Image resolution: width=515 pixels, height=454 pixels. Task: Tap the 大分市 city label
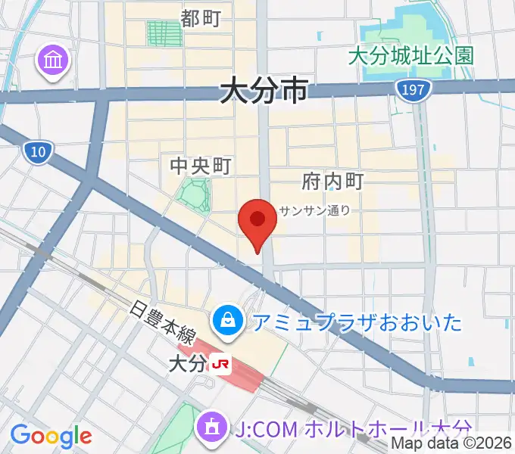(264, 92)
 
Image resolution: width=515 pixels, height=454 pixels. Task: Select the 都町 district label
(201, 18)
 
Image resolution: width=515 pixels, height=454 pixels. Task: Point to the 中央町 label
(199, 166)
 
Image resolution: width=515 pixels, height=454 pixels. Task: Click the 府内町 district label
(332, 181)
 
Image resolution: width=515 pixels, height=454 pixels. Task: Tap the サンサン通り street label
(314, 211)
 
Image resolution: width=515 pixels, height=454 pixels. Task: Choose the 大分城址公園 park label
(411, 55)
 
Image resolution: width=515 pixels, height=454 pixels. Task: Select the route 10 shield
(37, 153)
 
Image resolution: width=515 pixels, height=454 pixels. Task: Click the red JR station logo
(222, 364)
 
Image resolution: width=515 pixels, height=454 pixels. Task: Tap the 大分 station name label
(187, 364)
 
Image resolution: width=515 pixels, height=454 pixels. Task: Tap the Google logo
(51, 435)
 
